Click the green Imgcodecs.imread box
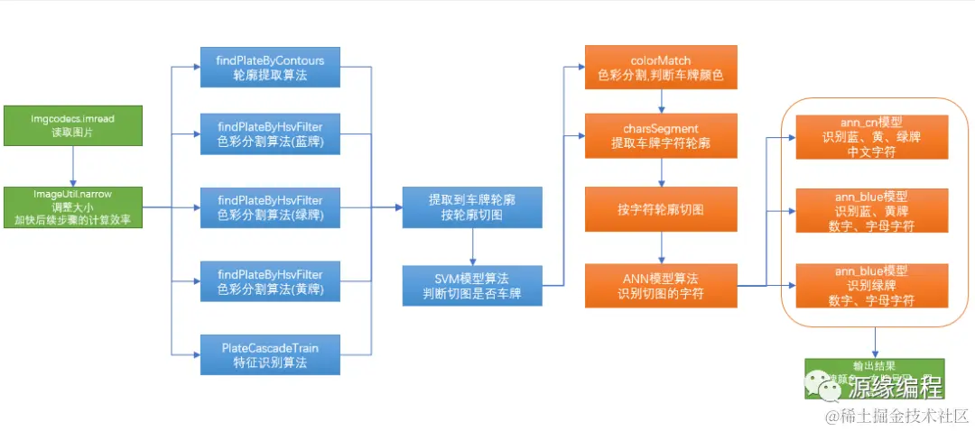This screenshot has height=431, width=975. pyautogui.click(x=73, y=126)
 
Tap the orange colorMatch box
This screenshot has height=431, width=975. pyautogui.click(x=661, y=68)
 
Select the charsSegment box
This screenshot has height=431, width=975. pyautogui.click(x=661, y=134)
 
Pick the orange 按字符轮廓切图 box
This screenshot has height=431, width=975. pyautogui.click(x=661, y=209)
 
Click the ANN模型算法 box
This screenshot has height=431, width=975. pyautogui.click(x=661, y=286)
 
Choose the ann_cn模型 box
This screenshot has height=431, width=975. pyautogui.click(x=871, y=136)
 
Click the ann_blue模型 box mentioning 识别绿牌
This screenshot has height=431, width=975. pyautogui.click(x=871, y=285)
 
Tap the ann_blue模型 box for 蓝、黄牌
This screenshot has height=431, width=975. pyautogui.click(x=871, y=210)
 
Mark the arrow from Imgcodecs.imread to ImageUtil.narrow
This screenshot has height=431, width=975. pyautogui.click(x=73, y=167)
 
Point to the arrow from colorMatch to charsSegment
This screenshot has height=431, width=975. pyautogui.click(x=661, y=101)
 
